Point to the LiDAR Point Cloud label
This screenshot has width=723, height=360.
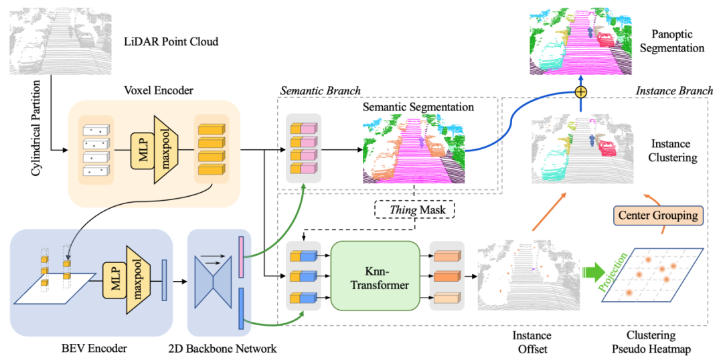(x=171, y=42)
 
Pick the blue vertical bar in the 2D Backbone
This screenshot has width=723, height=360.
(x=242, y=308)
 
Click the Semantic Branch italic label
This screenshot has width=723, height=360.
(x=320, y=91)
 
